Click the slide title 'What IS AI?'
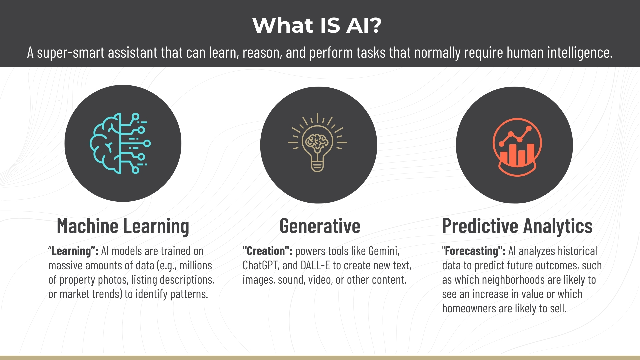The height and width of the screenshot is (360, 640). point(317,25)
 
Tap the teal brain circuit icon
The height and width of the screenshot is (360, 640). point(120,143)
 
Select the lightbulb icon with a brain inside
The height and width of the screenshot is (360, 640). point(317,143)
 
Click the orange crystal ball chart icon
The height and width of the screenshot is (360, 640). point(517,147)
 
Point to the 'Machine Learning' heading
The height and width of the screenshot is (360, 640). point(123,226)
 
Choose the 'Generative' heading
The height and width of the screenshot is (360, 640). point(320,226)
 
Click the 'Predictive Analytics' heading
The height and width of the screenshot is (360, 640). point(517,226)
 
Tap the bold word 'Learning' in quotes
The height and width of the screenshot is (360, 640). point(71,251)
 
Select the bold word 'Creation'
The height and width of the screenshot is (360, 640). point(266,251)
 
